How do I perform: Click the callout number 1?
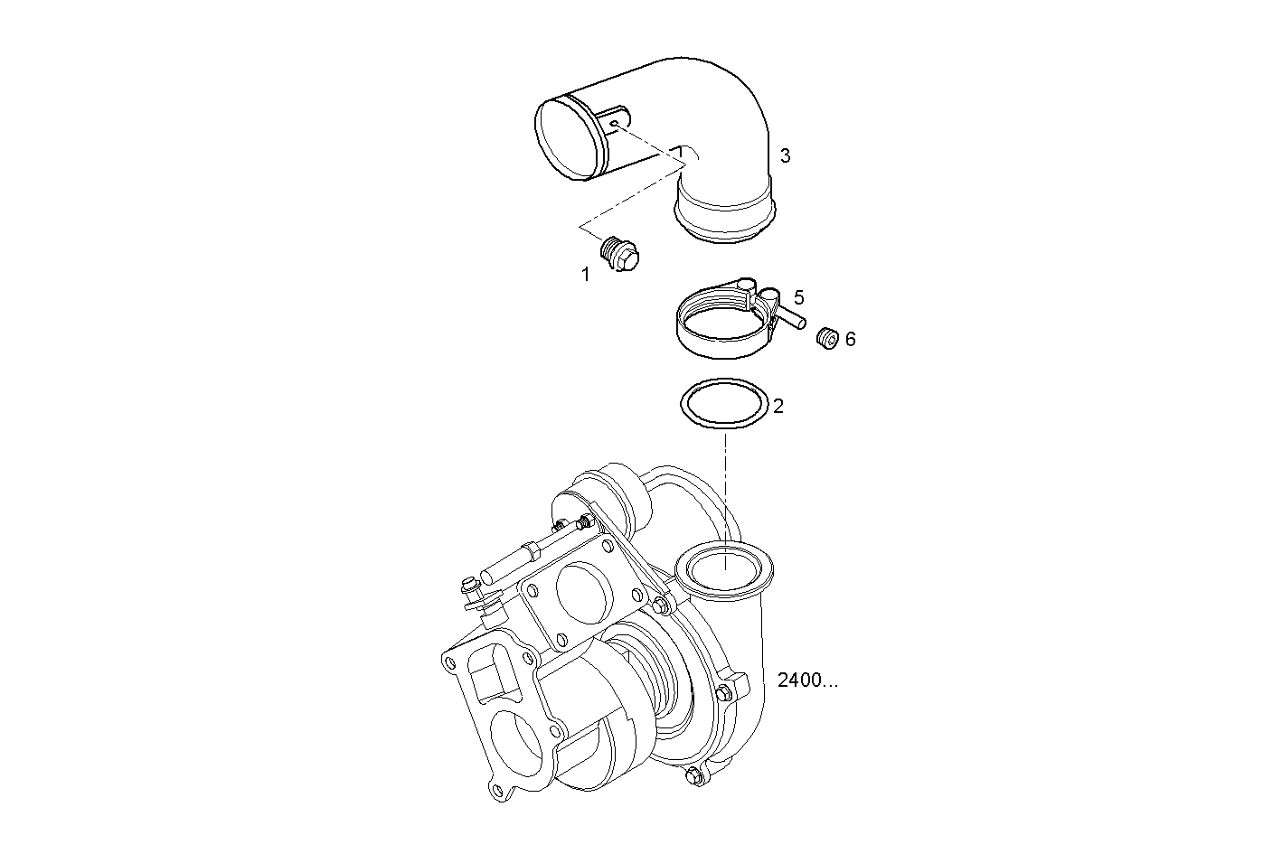click(585, 274)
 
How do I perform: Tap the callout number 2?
click(778, 406)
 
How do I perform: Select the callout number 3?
click(785, 155)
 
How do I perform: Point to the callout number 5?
click(799, 297)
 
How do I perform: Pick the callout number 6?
click(850, 339)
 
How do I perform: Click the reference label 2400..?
click(806, 680)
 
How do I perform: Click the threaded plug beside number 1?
click(620, 252)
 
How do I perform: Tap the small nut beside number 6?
click(825, 338)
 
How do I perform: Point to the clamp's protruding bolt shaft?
click(791, 317)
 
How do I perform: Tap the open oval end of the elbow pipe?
click(570, 140)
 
